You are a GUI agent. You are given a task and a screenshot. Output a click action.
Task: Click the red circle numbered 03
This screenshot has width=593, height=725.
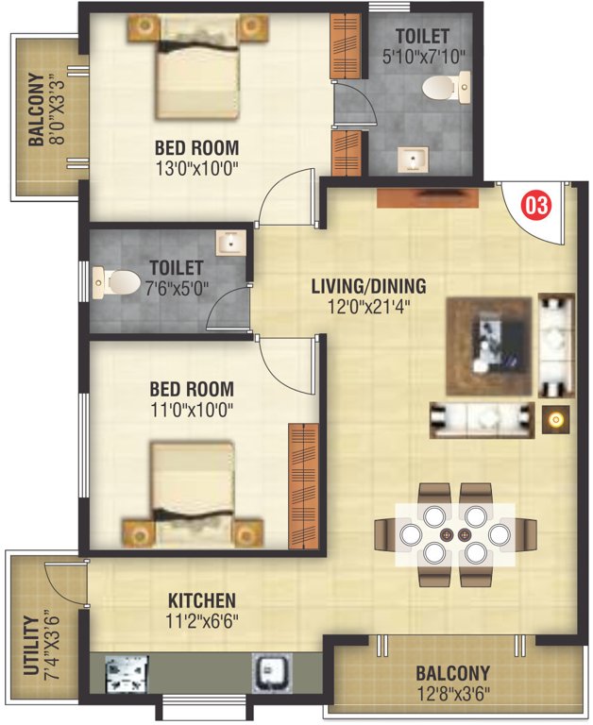[534, 207]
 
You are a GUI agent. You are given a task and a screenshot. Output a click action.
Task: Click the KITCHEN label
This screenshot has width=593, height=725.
[202, 600]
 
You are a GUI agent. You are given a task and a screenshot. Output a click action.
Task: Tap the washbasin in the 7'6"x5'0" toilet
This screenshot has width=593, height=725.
[228, 245]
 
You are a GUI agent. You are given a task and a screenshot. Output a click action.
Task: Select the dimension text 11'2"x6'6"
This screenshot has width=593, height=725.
[202, 622]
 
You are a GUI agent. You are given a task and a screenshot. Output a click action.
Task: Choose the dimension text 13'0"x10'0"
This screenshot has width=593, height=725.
[197, 169]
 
